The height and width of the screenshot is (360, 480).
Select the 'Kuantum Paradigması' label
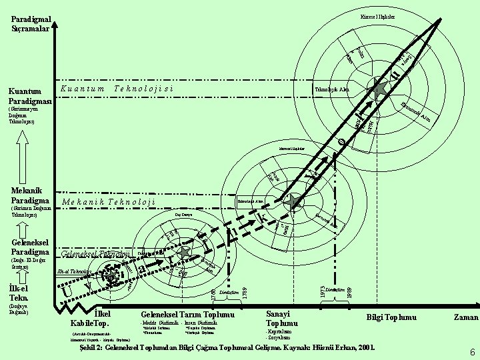tap(31, 95)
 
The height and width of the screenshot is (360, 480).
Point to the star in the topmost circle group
tap(379, 89)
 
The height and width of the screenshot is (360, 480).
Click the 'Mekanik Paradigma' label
tap(31, 195)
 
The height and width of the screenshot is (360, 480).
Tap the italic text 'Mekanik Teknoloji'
tap(109, 201)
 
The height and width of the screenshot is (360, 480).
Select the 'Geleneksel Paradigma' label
tap(31, 246)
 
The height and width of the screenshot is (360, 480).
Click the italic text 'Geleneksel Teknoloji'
tap(95, 253)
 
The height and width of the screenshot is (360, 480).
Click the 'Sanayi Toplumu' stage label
tap(282, 319)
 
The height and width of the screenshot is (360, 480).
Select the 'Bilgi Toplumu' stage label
tap(391, 318)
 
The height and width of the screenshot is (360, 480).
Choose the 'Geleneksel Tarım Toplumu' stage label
tap(187, 314)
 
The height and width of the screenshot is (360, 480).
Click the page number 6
tap(471, 352)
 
